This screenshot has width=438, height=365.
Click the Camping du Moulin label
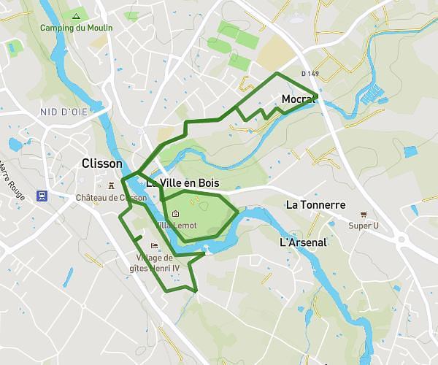click(77, 28)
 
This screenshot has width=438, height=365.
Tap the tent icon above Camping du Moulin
click(76, 15)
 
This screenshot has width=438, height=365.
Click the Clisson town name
click(102, 164)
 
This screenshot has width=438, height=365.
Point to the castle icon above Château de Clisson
click(112, 185)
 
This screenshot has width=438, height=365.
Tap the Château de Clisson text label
click(112, 197)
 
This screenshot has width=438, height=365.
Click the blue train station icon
click(42, 196)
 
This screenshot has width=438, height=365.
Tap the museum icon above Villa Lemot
click(176, 213)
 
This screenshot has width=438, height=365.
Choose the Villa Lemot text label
click(176, 225)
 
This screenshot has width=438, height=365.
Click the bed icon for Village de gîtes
click(153, 245)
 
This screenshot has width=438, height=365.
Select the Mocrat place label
click(297, 100)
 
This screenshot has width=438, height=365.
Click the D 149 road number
click(311, 74)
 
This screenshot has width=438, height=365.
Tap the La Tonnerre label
click(315, 204)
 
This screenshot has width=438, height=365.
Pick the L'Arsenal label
click(304, 242)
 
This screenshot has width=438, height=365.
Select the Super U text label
click(364, 226)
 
